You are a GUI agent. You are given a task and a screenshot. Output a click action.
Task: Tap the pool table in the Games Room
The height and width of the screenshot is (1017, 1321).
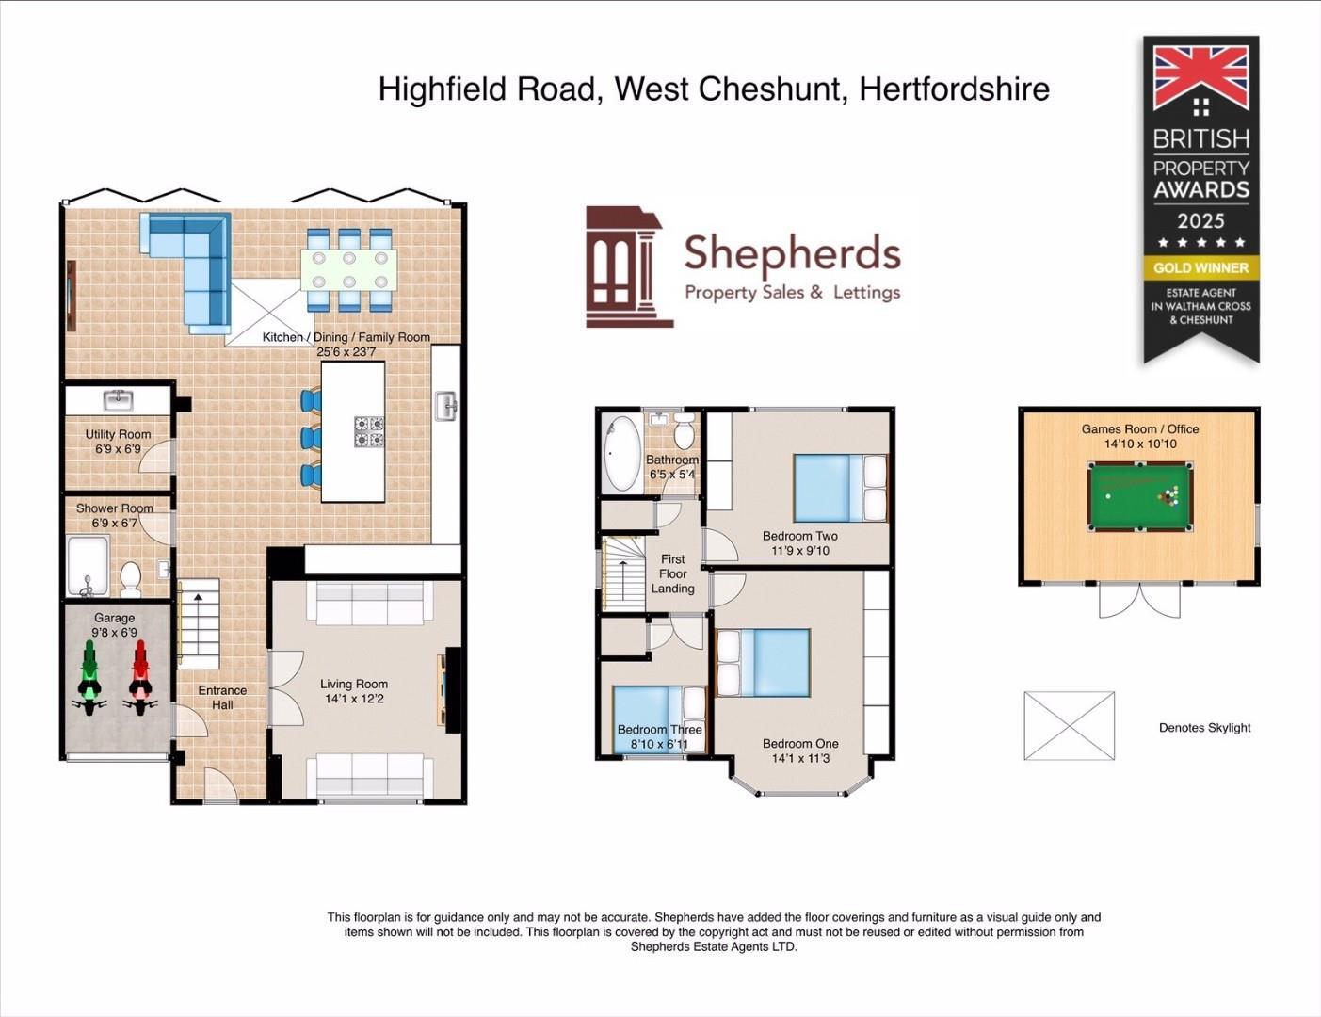point(1139,496)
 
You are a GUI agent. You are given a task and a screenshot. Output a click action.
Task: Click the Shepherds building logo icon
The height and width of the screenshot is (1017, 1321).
point(626,267)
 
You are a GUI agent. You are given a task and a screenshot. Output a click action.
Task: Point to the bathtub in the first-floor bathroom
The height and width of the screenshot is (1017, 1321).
point(620,453)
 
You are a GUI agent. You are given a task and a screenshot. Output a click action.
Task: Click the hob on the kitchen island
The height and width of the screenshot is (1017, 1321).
point(368,431)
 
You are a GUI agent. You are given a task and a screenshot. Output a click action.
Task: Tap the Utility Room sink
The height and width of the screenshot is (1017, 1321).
point(119,400)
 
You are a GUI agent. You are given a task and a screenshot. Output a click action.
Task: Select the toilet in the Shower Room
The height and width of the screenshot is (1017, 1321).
point(130,578)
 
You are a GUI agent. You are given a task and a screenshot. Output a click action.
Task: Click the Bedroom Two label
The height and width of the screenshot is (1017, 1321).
point(800,536)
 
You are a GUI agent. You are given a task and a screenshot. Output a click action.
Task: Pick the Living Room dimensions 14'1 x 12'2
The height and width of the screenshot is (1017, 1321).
point(354,699)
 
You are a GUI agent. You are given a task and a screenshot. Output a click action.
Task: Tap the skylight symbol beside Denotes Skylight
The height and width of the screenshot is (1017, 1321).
point(1069,725)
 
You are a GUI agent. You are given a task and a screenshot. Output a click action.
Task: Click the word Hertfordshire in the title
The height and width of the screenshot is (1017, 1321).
point(955,89)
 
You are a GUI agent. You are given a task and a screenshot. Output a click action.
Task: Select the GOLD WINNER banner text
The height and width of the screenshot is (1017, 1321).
point(1201,267)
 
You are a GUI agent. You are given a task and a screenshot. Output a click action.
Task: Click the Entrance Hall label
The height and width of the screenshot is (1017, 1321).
point(222,697)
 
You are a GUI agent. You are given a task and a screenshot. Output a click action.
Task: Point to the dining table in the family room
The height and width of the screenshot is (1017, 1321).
point(349,269)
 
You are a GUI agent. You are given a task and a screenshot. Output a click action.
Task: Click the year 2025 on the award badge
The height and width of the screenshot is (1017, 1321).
point(1200,221)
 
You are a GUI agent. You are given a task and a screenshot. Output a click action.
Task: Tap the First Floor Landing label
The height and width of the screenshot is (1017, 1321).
point(672,573)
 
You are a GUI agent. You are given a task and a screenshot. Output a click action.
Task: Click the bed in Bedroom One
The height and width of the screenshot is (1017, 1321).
point(764,663)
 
